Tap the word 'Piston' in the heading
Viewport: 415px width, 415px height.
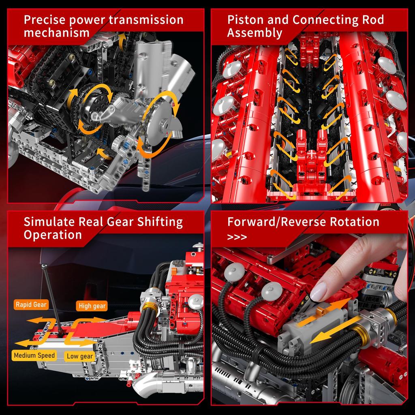coord(245,20)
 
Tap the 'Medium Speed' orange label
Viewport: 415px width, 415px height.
coord(34,355)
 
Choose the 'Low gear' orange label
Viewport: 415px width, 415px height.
coord(80,356)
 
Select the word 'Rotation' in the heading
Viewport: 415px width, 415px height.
coord(355,222)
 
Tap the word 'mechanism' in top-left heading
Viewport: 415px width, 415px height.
coord(56,33)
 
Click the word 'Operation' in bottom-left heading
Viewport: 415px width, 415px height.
coord(53,235)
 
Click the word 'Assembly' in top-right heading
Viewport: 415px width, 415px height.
coord(255,33)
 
